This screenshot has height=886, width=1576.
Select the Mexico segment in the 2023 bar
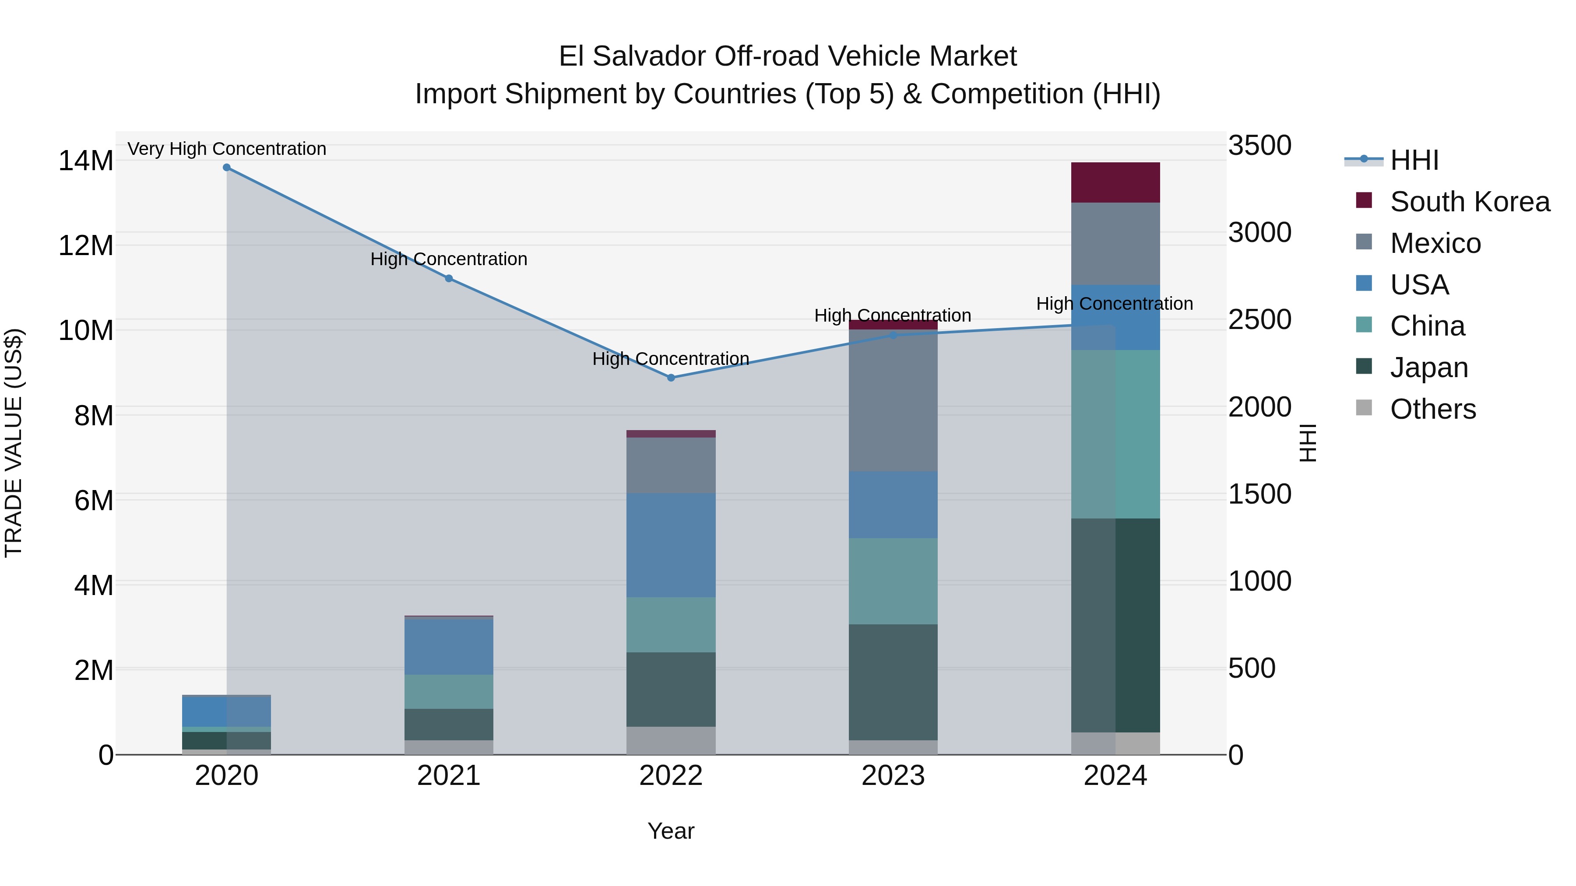pos(893,400)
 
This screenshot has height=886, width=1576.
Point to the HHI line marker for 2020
pos(226,168)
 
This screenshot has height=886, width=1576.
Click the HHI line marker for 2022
pos(671,378)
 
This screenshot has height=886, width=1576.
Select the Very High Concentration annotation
pos(226,149)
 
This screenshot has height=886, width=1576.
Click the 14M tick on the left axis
pos(86,161)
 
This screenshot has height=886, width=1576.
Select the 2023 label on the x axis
pos(893,776)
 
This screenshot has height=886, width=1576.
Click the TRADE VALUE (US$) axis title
pos(14,443)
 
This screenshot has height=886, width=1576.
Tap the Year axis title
pos(671,831)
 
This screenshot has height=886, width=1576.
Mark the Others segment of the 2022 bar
pos(671,740)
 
